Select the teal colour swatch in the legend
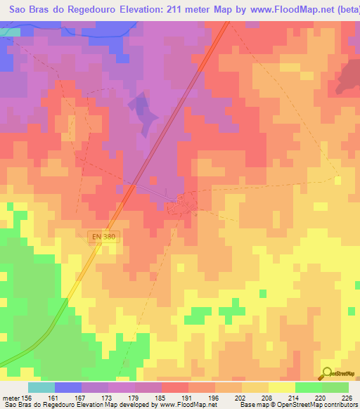coord(41,387)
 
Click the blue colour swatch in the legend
coord(68,387)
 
